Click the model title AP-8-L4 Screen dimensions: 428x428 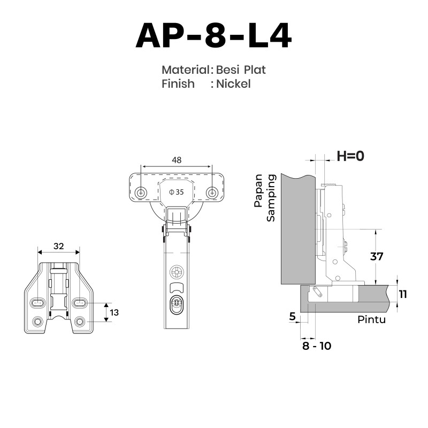(213, 36)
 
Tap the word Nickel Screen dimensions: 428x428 (233, 84)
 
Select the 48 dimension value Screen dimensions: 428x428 (177, 160)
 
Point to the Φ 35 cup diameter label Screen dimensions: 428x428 (177, 192)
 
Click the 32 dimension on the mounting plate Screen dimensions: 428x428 (59, 246)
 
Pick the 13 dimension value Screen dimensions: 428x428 (114, 312)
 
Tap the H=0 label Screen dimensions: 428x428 (350, 156)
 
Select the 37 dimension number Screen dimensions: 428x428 (377, 257)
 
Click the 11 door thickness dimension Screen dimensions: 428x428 (403, 294)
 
